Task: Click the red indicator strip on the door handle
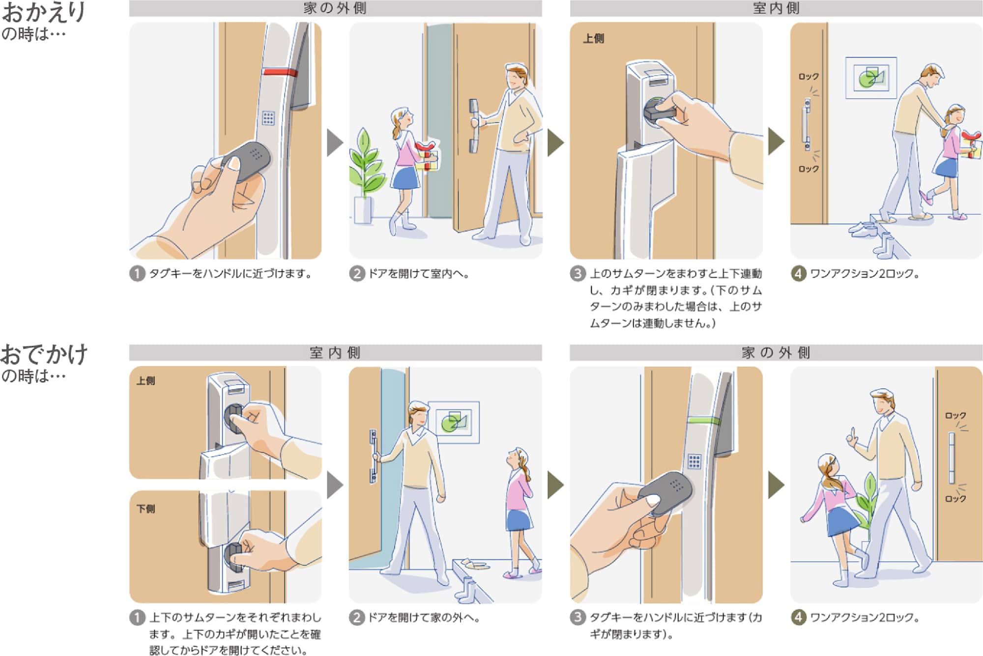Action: click(x=280, y=73)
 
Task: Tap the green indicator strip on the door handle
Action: click(x=704, y=421)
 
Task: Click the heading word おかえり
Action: click(x=44, y=12)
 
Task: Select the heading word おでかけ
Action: click(x=44, y=354)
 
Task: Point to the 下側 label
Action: click(x=146, y=509)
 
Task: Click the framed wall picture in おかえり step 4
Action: click(x=871, y=78)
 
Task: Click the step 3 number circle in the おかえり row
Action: click(x=578, y=274)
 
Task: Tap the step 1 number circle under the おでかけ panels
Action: click(x=137, y=618)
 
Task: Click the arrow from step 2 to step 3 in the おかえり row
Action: click(x=555, y=143)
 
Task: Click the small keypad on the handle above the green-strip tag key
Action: click(x=694, y=461)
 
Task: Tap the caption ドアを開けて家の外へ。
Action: click(x=424, y=618)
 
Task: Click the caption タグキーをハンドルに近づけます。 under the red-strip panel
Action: click(x=231, y=274)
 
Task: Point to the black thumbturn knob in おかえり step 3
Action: click(x=658, y=113)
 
